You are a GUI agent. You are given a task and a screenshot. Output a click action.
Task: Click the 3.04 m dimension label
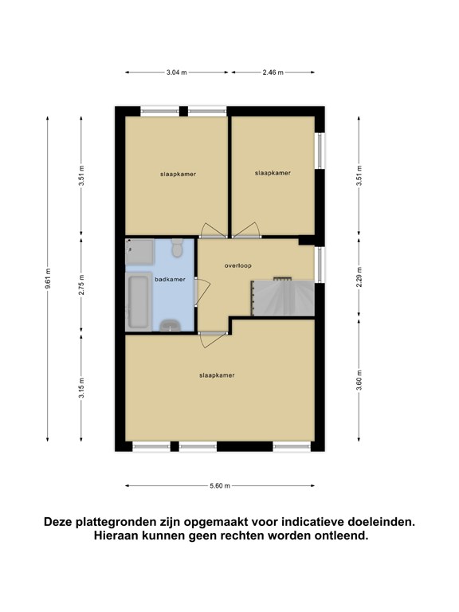point(177,73)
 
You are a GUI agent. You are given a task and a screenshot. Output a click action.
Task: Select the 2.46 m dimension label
point(273,73)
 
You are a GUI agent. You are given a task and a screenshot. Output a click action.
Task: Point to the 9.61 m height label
point(48,279)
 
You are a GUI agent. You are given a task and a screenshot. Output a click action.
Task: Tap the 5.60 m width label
point(220,486)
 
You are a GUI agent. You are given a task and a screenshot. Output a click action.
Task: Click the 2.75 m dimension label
point(81,285)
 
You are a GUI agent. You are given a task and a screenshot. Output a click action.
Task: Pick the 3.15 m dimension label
point(81,388)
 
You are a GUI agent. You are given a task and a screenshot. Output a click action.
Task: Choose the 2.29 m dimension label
point(359,277)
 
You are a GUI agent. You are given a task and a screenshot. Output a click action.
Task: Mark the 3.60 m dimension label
point(359,381)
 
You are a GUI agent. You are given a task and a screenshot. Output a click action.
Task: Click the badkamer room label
point(171,280)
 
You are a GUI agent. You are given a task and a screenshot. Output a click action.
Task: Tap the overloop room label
point(238,266)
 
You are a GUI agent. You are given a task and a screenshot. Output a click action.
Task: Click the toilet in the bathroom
point(177,249)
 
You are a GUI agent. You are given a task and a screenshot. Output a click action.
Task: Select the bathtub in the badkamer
point(139,302)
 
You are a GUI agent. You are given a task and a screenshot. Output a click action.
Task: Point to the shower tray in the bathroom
point(139,252)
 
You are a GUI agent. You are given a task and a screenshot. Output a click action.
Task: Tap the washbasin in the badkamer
point(171,325)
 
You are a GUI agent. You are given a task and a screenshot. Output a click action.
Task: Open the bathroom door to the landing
point(203,292)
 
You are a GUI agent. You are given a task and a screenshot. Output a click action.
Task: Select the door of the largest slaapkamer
point(213,339)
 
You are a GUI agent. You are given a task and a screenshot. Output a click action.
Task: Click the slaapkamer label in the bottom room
point(217,375)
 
